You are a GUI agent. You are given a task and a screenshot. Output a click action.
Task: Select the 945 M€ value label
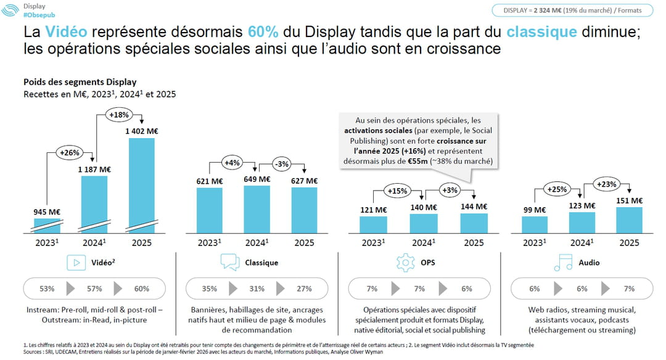coord(47,212)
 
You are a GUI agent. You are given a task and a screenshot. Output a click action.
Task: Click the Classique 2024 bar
coord(257,209)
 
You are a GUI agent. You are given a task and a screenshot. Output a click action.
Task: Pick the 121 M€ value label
coord(373,210)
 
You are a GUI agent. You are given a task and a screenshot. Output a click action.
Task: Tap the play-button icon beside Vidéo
coord(76,263)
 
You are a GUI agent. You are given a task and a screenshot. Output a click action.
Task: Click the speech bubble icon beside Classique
coord(229,263)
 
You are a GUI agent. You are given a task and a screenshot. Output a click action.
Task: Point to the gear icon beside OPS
coord(405,263)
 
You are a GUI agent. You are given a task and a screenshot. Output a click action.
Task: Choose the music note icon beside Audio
coord(562,263)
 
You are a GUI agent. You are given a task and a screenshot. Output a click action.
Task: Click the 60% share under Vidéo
coord(141,288)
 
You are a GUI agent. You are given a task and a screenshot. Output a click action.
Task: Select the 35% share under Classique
coord(210,288)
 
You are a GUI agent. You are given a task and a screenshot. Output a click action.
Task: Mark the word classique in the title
coord(542,31)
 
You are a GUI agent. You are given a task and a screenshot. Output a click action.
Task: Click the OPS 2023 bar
coord(373,224)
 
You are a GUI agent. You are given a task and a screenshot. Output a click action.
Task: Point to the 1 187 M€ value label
coord(94,170)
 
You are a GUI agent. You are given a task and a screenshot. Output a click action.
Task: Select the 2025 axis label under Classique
coord(304,243)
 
